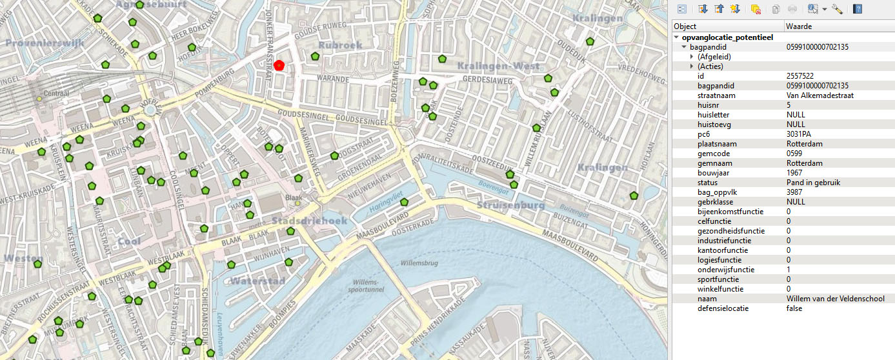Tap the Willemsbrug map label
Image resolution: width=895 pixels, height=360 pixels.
tap(419, 264)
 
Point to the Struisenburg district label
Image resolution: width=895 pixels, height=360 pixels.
tap(511, 205)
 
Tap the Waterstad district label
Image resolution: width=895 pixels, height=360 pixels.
tap(258, 281)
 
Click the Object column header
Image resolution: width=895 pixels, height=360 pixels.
tap(685, 26)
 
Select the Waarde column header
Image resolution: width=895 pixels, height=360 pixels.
tap(799, 26)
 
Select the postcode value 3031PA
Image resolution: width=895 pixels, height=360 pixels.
tap(798, 134)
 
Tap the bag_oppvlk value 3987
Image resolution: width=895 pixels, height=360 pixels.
tap(794, 192)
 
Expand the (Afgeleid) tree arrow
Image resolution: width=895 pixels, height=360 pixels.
tap(692, 57)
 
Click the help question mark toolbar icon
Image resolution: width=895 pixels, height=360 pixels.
tap(858, 9)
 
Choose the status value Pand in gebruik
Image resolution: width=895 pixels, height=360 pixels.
tap(813, 183)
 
